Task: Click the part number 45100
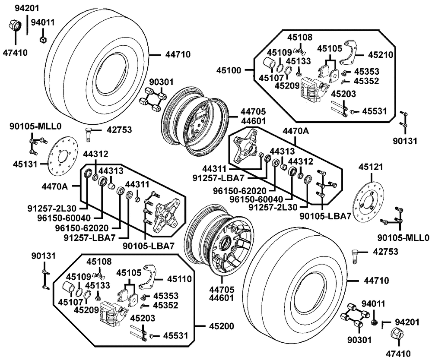(229, 70)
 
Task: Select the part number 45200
(222, 326)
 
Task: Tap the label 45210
(381, 55)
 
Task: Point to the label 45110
(179, 279)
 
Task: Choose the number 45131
(25, 164)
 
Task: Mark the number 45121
(371, 167)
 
